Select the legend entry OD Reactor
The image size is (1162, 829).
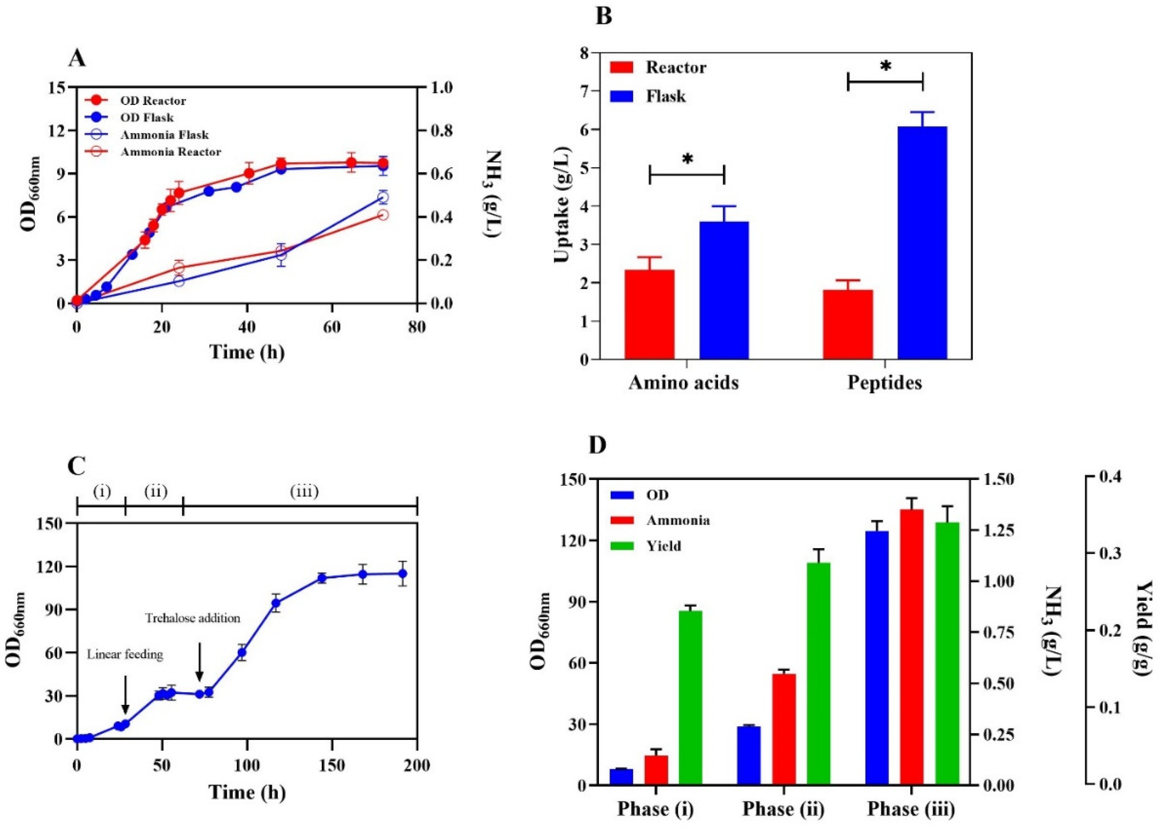pyautogui.click(x=153, y=101)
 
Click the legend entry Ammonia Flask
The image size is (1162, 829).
pyautogui.click(x=164, y=135)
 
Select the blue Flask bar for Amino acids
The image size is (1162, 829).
pyautogui.click(x=724, y=290)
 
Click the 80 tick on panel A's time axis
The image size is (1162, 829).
pyautogui.click(x=417, y=327)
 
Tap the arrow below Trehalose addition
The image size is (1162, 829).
pyautogui.click(x=200, y=662)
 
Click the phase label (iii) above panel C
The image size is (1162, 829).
pyautogui.click(x=304, y=492)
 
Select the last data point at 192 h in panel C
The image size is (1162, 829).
pyautogui.click(x=402, y=574)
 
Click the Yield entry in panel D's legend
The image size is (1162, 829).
pyautogui.click(x=663, y=546)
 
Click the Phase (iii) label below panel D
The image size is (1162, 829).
pyautogui.click(x=911, y=809)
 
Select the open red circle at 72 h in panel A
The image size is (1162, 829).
pyautogui.click(x=383, y=215)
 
